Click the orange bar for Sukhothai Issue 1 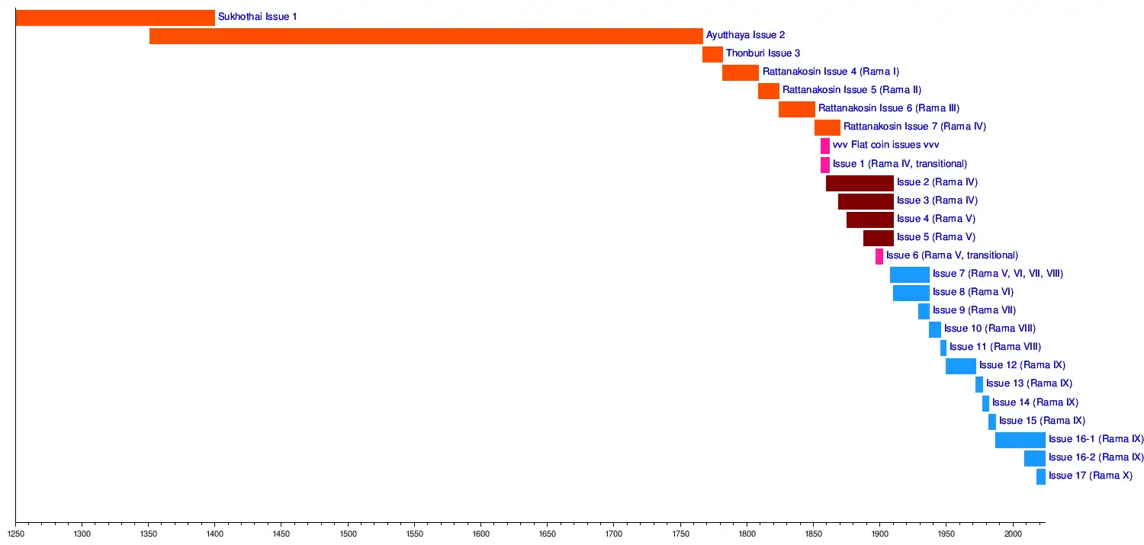[x=114, y=18]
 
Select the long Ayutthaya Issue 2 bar [x=426, y=36]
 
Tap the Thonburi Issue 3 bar [x=712, y=54]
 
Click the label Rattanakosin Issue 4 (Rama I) [x=831, y=72]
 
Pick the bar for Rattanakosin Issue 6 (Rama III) [x=796, y=109]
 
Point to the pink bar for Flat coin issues [x=824, y=146]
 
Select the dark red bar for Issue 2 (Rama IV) [x=860, y=183]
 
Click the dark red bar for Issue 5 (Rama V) [x=878, y=238]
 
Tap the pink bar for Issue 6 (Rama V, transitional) [x=879, y=256]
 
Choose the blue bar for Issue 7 [x=909, y=274]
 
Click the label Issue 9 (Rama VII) [x=974, y=311]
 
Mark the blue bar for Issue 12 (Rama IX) [x=960, y=366]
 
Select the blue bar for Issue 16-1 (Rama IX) [x=1020, y=440]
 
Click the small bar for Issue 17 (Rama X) [x=1040, y=476]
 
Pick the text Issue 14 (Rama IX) [x=1035, y=402]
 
